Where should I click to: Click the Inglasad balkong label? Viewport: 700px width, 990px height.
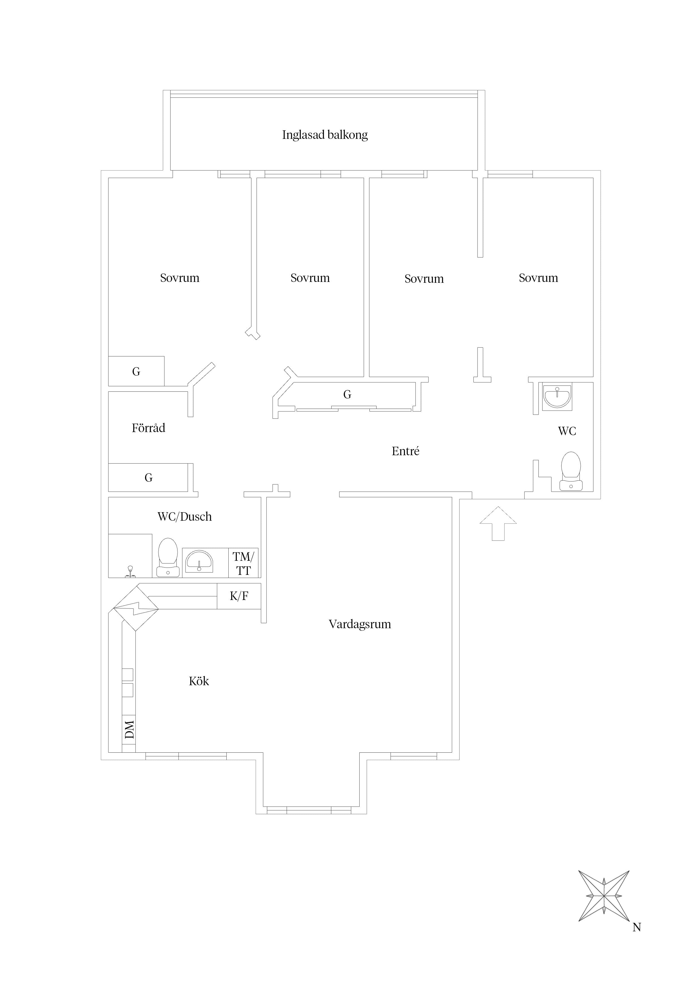[325, 135]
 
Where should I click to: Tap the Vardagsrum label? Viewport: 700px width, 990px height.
[360, 624]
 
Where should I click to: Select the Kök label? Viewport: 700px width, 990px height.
[199, 681]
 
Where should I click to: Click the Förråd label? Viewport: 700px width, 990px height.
[148, 428]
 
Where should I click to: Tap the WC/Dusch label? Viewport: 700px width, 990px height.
[185, 516]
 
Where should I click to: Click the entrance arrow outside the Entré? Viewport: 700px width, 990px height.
[498, 524]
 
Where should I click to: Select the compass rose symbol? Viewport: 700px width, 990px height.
[604, 896]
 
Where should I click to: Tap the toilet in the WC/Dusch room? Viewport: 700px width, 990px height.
[168, 557]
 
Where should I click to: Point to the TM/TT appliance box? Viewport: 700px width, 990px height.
[244, 563]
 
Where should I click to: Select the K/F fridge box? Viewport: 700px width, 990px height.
[239, 596]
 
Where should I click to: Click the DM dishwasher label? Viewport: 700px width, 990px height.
[129, 730]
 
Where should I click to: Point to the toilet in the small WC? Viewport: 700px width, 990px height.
[571, 471]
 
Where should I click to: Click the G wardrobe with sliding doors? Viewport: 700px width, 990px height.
[347, 394]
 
